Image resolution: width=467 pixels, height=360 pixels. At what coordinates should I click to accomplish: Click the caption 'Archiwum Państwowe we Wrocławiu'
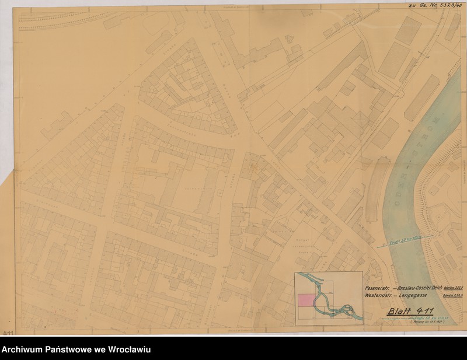tap(76, 349)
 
